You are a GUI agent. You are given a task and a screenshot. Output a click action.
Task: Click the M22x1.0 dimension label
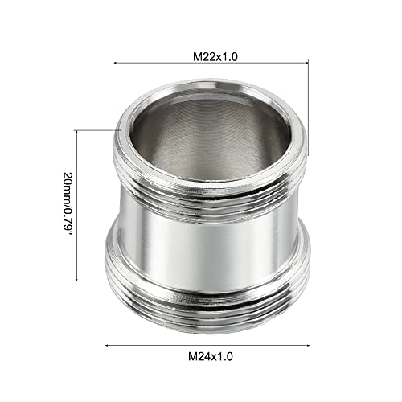(x=215, y=57)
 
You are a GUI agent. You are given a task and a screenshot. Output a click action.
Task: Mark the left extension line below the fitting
(x=106, y=322)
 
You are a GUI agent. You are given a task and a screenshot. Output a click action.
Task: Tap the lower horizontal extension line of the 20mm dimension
(x=92, y=281)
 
